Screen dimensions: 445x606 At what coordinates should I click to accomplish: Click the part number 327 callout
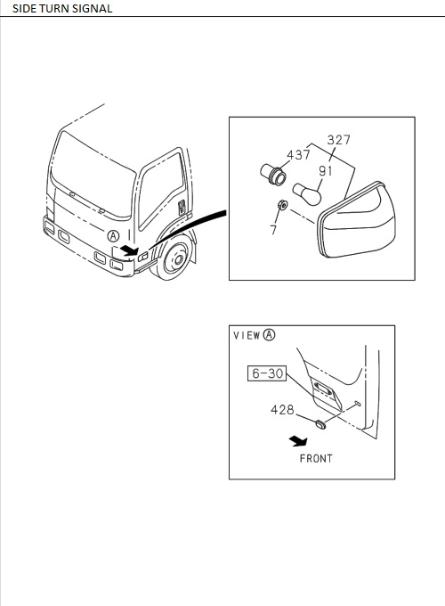338,140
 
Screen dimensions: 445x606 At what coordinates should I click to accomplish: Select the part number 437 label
298,154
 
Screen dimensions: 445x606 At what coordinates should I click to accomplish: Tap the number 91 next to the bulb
326,170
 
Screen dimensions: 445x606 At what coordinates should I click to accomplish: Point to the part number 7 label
273,230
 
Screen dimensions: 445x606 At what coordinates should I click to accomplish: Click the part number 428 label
282,409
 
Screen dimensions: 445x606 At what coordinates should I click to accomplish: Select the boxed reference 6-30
267,373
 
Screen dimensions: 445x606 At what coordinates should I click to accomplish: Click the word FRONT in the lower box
316,459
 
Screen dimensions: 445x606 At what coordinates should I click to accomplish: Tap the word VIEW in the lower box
247,335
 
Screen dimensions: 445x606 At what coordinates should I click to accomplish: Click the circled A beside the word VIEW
270,335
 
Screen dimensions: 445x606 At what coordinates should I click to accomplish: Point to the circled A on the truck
113,236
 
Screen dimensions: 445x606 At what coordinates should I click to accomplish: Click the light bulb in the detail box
307,193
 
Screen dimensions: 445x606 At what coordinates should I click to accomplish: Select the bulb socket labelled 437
273,175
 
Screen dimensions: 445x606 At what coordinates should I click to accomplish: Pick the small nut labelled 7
282,204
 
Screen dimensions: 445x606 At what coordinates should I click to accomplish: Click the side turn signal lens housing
356,220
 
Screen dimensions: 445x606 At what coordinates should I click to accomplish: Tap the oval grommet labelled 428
320,423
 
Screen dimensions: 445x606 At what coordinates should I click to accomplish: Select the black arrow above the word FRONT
298,441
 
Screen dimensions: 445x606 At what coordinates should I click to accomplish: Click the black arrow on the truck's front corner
128,250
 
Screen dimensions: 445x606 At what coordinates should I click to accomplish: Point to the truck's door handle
182,207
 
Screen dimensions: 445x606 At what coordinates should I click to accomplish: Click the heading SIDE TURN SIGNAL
62,9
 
